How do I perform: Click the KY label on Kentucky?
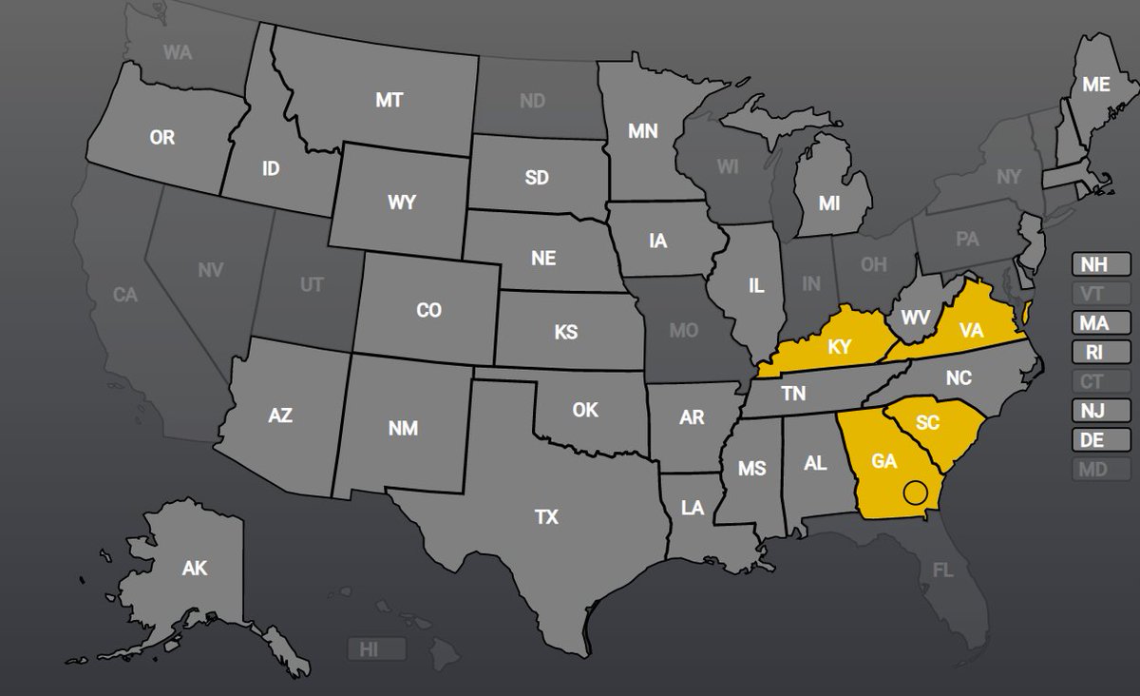[x=839, y=347]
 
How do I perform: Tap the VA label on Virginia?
[x=970, y=330]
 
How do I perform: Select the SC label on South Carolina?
[x=929, y=421]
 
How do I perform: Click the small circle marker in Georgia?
[x=914, y=492]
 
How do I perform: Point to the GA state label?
[x=884, y=460]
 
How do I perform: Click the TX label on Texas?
[x=546, y=517]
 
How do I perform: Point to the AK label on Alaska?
[x=195, y=569]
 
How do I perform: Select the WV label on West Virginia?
[x=915, y=317]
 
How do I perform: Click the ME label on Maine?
[x=1096, y=85]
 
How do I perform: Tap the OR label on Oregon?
[x=162, y=138]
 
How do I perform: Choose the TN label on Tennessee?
[x=793, y=393]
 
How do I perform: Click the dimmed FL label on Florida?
[x=942, y=570]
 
